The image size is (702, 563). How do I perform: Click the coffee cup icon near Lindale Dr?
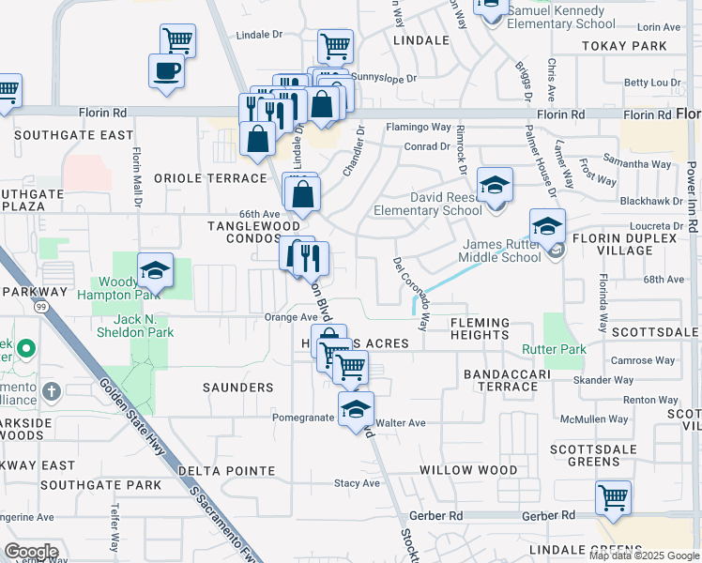(167, 71)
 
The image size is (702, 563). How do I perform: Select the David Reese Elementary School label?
(427, 205)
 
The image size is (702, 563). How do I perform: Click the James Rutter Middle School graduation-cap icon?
(547, 226)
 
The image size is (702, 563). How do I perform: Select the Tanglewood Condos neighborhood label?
(253, 232)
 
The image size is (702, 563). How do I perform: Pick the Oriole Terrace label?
(210, 178)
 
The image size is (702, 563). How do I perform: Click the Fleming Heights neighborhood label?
(479, 328)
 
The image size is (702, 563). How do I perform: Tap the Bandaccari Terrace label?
(512, 380)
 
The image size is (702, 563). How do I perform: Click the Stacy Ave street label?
(358, 484)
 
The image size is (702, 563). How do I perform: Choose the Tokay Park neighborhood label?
(624, 45)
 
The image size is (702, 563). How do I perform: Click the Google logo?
(31, 552)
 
